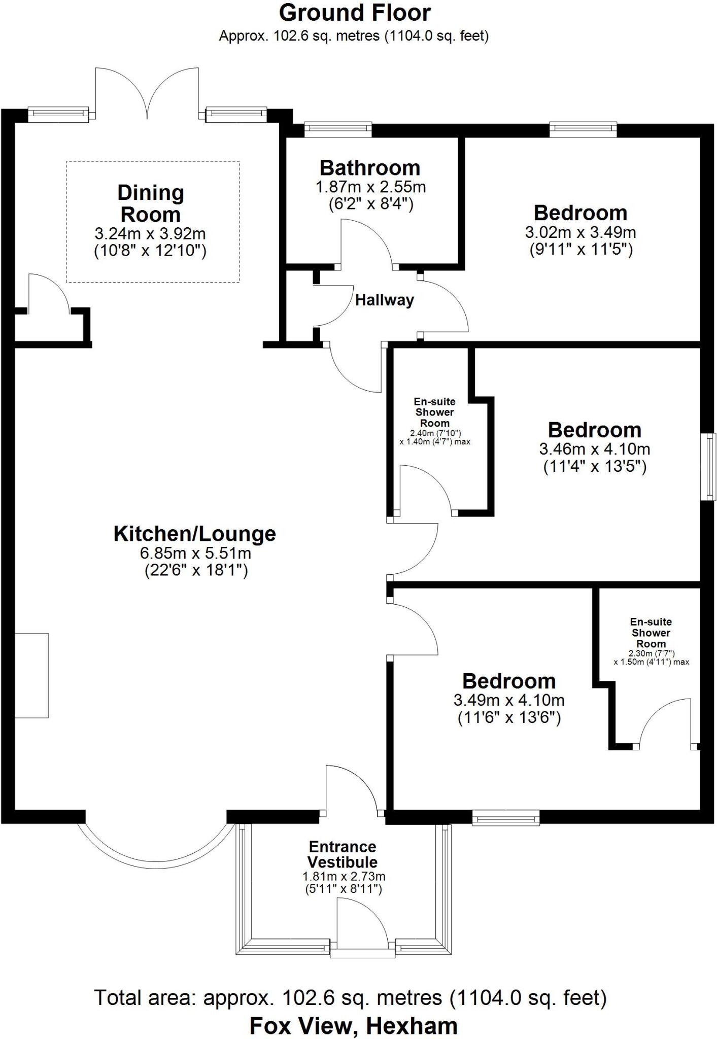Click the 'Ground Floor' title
pos(355,13)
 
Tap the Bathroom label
pos(370,167)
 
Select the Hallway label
pos(384,300)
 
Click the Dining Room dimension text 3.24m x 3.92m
pos(150,234)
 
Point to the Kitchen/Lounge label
pos(195,534)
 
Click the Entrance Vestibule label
pos(343,854)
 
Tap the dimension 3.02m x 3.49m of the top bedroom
pos(581,232)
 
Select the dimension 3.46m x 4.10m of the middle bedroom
pos(595,448)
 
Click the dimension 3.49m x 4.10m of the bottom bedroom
pos(509,700)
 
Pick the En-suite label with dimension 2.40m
pos(435,412)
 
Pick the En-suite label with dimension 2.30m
pos(651,633)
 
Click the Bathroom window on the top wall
pos(338,129)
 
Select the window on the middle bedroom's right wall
pos(709,467)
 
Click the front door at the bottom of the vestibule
pos(362,949)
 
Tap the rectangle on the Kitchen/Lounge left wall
pos(31,675)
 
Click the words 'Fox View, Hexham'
pos(354,1025)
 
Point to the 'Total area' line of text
pos(350,998)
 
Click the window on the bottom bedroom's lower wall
pos(506,817)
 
